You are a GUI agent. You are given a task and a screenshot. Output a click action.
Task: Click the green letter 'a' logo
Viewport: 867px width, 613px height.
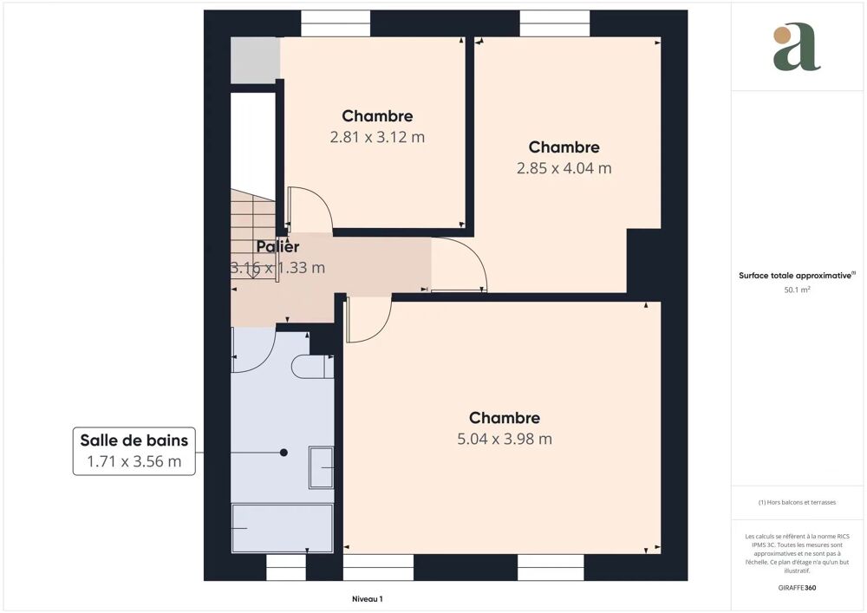(x=797, y=48)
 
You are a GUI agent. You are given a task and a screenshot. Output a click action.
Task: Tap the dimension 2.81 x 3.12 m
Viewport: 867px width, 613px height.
(x=377, y=137)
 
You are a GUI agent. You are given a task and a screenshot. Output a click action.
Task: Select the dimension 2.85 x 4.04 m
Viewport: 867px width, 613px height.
(x=564, y=168)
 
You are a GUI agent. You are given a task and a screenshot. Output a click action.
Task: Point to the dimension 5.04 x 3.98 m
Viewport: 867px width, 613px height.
(x=505, y=439)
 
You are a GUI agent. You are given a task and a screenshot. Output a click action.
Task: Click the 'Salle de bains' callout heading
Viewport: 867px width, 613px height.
(x=134, y=440)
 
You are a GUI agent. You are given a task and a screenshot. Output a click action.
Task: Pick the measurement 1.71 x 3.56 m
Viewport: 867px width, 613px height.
(x=134, y=461)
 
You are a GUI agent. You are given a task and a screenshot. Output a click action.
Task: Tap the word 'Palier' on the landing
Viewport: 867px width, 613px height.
(x=277, y=247)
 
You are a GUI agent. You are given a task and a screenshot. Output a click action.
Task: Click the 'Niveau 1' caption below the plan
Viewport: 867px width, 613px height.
(x=367, y=599)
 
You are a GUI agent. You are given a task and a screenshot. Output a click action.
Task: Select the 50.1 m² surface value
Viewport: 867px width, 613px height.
(x=797, y=290)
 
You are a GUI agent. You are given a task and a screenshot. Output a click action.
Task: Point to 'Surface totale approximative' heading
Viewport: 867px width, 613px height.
(x=797, y=275)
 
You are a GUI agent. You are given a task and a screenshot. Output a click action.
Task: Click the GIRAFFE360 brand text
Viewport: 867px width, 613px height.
(x=797, y=588)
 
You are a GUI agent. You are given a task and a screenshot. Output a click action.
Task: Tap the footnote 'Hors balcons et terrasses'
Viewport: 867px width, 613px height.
(x=797, y=502)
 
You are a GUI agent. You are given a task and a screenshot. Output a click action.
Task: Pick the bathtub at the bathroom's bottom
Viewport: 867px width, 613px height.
(x=283, y=528)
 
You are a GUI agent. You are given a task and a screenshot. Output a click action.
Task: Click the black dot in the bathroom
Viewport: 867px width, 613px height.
(x=284, y=453)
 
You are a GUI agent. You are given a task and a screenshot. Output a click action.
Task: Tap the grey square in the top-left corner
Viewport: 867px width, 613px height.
(x=255, y=60)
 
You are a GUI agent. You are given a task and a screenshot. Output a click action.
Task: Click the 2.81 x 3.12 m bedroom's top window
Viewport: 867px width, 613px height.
(x=336, y=23)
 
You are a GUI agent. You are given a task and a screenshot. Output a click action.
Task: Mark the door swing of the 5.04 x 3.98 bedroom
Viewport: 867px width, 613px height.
(x=364, y=321)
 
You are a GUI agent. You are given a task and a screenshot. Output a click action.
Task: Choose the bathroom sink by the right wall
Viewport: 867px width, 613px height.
(x=322, y=468)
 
